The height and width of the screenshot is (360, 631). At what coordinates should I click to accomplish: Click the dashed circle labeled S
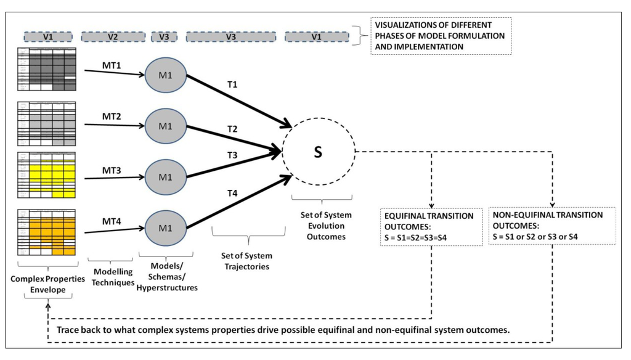(318, 152)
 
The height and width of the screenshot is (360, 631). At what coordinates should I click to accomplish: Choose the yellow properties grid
(47, 175)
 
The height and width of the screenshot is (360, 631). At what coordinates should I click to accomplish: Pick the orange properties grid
(47, 233)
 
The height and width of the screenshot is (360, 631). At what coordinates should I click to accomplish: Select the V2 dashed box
(113, 37)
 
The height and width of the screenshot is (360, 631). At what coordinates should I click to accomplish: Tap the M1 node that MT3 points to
(165, 178)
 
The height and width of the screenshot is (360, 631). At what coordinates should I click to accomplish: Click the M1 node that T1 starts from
(165, 75)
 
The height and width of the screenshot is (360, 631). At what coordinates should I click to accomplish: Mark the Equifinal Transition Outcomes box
(429, 226)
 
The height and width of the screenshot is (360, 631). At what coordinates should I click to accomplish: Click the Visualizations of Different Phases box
(441, 36)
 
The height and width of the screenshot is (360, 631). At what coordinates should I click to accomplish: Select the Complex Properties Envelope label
(47, 284)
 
